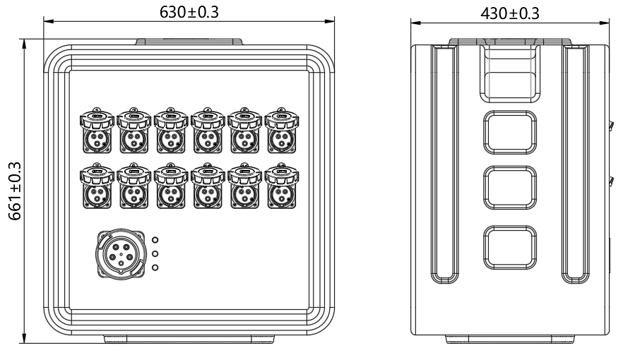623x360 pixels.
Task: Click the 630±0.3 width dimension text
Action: pyautogui.click(x=189, y=12)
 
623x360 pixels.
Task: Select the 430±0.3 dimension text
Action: pyautogui.click(x=510, y=13)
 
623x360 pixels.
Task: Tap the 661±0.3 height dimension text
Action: pyautogui.click(x=15, y=191)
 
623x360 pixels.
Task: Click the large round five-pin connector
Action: pyautogui.click(x=121, y=254)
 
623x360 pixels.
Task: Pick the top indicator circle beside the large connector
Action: pyautogui.click(x=155, y=240)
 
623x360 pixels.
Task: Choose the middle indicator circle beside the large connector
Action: pyautogui.click(x=155, y=253)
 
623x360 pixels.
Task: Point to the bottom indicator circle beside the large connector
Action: pyautogui.click(x=155, y=268)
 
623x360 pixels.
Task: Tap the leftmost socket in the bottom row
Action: pyautogui.click(x=97, y=186)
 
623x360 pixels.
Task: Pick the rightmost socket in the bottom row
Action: pyautogui.click(x=282, y=186)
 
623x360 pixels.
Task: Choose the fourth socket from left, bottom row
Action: pyautogui.click(x=208, y=186)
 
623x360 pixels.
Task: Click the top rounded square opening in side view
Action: pyautogui.click(x=510, y=133)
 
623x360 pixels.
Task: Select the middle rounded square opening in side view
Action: pyautogui.click(x=510, y=188)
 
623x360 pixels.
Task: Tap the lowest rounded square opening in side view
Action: pyautogui.click(x=510, y=248)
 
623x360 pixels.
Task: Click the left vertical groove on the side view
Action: pyautogui.click(x=444, y=164)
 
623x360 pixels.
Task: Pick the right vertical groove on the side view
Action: pyautogui.click(x=576, y=164)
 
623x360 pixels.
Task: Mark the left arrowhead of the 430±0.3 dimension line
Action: pyautogui.click(x=415, y=23)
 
